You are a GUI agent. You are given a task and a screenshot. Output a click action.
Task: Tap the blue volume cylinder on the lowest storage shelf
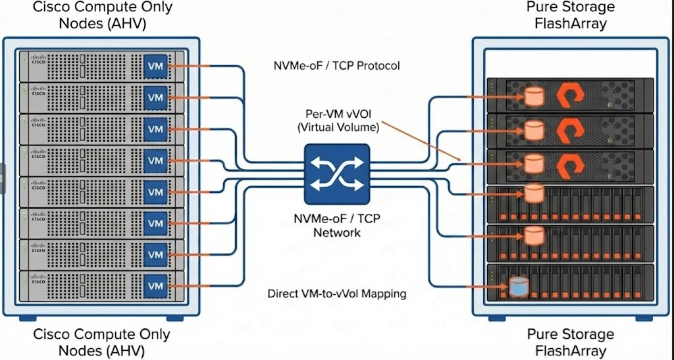click(519, 286)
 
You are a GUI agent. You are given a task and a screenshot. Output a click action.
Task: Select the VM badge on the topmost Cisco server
click(155, 66)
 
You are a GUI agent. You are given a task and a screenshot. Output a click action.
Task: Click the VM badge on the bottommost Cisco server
click(155, 286)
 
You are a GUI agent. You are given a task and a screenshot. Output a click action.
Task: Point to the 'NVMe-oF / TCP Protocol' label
click(336, 66)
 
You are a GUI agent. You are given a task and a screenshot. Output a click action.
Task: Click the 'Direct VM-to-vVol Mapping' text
click(336, 294)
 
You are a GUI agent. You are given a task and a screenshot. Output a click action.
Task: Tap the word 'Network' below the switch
click(336, 232)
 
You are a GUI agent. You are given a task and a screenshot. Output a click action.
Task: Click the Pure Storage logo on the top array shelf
click(571, 96)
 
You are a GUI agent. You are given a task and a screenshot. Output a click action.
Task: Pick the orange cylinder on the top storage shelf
click(534, 96)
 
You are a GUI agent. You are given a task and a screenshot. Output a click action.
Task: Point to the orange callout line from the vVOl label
click(421, 141)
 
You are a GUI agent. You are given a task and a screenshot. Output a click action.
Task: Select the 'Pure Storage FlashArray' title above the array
click(570, 16)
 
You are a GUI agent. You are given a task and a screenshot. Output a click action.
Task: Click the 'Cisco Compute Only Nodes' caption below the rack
click(101, 342)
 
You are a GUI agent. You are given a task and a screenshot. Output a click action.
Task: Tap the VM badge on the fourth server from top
click(155, 161)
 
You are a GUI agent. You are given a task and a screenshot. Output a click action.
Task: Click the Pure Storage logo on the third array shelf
click(571, 161)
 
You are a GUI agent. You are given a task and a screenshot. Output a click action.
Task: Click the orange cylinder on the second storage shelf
click(534, 128)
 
